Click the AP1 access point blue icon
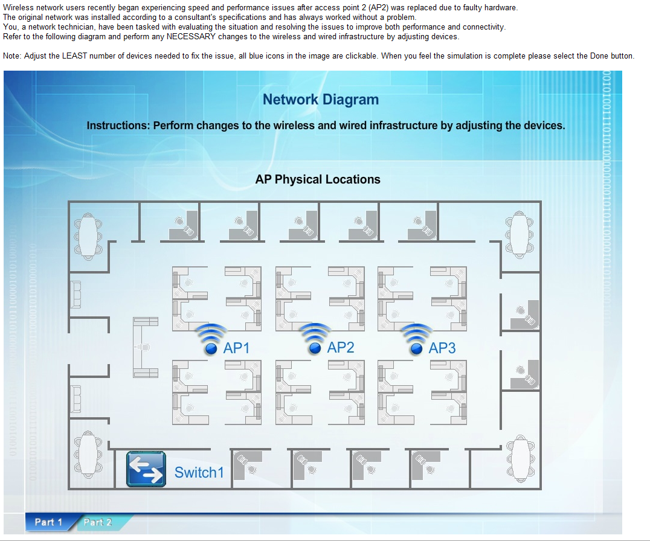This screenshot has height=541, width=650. pos(211,348)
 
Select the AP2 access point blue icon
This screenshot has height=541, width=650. pos(314,348)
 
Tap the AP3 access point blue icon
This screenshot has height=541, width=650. pos(416,348)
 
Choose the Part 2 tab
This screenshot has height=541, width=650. pos(98,522)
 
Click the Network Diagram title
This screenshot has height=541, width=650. pos(321,100)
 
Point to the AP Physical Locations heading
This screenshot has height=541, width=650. pos(318,179)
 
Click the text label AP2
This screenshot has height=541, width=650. pos(341,347)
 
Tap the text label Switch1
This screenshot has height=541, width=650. pos(199,472)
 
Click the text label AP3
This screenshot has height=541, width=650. pos(442,348)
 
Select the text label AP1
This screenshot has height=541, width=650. pos(237,348)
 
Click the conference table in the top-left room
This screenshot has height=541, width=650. pos(88,234)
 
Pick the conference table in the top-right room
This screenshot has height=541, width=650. pos(520,233)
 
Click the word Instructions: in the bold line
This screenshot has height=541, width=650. pos(118,126)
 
